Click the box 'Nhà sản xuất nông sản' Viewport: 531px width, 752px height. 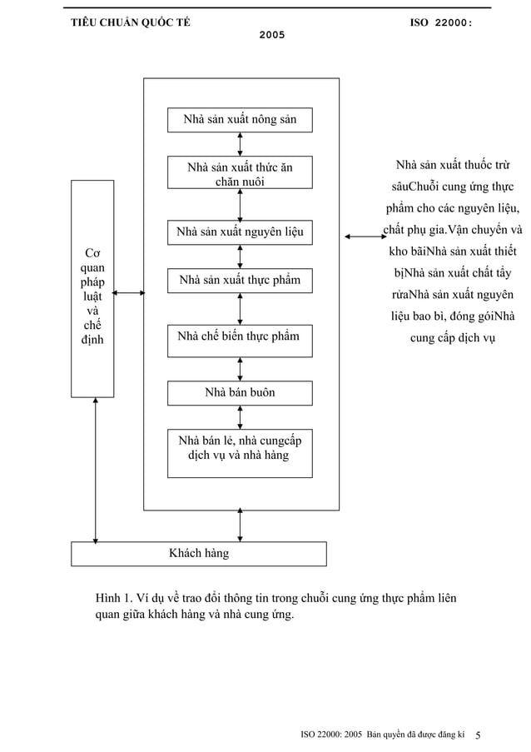pos(240,120)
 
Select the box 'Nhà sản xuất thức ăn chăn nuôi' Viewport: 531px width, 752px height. pos(240,174)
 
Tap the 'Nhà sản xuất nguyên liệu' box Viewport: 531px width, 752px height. pos(240,232)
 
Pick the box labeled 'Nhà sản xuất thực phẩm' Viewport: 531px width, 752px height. pos(240,281)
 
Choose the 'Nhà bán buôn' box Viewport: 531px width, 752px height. pos(240,392)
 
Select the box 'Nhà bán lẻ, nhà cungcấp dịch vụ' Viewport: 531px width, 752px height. pos(240,452)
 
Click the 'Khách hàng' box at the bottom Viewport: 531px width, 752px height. pos(198,553)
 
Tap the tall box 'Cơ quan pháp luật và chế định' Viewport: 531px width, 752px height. pos(92,288)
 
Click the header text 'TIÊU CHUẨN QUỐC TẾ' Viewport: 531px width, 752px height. pos(130,22)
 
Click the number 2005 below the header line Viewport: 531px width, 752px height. pos(272,37)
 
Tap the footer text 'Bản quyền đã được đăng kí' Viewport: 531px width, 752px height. pos(414,735)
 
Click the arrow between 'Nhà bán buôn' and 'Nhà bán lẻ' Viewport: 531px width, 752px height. pos(241,416)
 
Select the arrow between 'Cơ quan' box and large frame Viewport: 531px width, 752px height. pos(129,292)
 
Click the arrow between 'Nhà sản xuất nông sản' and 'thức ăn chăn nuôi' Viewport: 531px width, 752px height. pos(241,144)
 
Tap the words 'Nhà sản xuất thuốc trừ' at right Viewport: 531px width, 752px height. pos(453,165)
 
